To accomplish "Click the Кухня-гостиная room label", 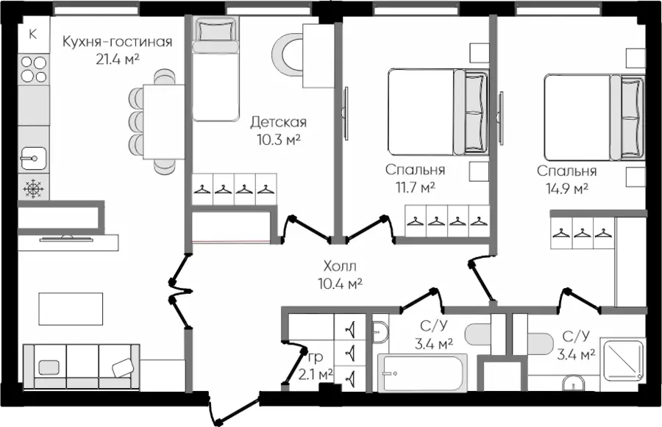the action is (x=118, y=42).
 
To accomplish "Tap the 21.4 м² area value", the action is (x=118, y=59).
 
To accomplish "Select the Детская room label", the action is (x=278, y=122).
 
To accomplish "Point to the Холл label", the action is (x=340, y=266).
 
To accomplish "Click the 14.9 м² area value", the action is (x=567, y=189).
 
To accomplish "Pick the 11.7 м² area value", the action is (x=415, y=187).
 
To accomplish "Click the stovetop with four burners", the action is (x=34, y=70).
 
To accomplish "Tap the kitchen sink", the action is (x=34, y=159).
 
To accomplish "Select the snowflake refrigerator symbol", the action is (x=34, y=188).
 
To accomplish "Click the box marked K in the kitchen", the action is (x=33, y=35).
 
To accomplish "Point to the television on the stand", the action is (x=66, y=240).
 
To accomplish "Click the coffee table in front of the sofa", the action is (x=71, y=309).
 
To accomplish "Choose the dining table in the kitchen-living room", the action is (x=164, y=121).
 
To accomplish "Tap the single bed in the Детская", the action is (x=215, y=69).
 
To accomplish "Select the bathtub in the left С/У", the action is (x=422, y=373).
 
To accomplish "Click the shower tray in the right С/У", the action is (x=622, y=358).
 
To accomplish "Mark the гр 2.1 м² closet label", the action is (x=320, y=365).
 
